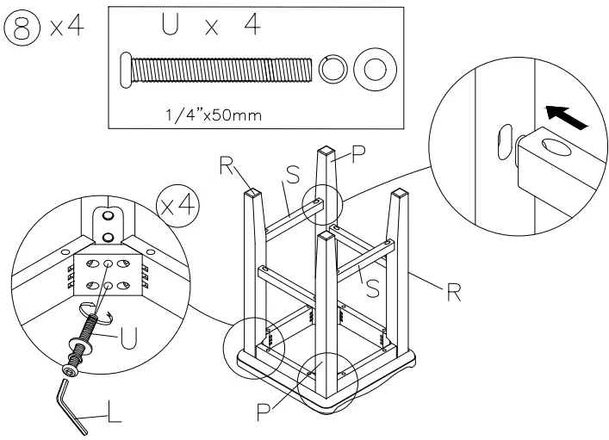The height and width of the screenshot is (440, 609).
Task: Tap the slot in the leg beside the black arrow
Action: [502, 142]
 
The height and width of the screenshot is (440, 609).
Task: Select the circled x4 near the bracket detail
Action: [177, 206]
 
